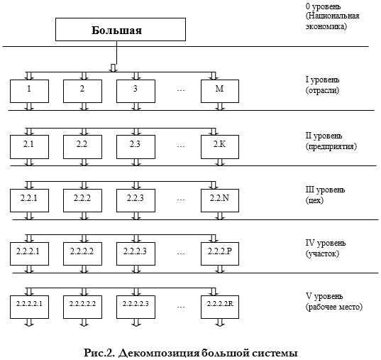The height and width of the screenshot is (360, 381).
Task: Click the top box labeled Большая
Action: coord(121,29)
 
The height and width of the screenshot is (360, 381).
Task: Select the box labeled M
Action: coord(220,91)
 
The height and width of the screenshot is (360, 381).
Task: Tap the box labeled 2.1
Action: coord(29,147)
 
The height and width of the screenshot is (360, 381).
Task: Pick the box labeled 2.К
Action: coord(220,147)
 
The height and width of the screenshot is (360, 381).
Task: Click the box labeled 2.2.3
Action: coord(136,200)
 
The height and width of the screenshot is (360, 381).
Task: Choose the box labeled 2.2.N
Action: coord(220,200)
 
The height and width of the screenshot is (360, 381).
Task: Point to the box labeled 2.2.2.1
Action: coord(29,253)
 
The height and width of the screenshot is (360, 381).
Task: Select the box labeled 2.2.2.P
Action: coord(220,253)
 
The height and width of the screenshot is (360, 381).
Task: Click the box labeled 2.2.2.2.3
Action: coord(136,307)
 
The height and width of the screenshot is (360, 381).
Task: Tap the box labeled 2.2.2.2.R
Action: coord(220,307)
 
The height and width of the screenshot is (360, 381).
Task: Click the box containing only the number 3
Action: coord(136,91)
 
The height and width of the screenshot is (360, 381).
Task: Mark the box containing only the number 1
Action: coord(29,91)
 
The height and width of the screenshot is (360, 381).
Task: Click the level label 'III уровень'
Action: coord(325,190)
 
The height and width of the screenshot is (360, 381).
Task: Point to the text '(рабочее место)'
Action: coord(334,307)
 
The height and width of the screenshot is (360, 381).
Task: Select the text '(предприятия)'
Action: coord(331,147)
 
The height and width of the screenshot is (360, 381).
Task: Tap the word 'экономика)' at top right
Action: coord(326,26)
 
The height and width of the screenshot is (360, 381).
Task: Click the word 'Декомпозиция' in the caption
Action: coord(158,353)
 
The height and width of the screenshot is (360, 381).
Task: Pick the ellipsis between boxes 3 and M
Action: coord(181,90)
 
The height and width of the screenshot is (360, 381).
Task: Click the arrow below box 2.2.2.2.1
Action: coord(29,322)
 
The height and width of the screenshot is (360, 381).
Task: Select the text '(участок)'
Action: coord(322,253)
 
